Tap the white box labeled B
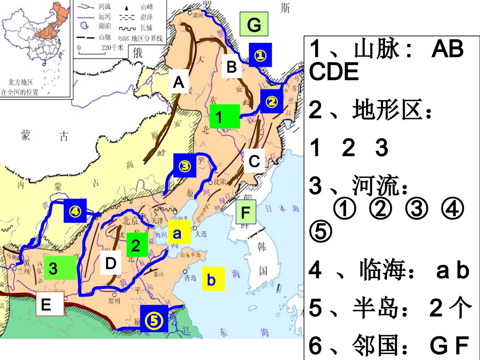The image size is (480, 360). [x=231, y=66]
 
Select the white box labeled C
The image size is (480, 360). [x=254, y=161]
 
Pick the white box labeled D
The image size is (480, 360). [x=111, y=263]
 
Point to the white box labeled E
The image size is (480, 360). [x=46, y=304]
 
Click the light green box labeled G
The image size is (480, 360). [x=254, y=25]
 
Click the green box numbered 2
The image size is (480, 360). [x=136, y=245]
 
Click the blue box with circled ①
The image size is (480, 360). [x=261, y=55]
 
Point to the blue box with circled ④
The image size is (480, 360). [x=75, y=211]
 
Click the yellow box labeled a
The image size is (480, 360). [x=177, y=233]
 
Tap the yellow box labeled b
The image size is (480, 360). [x=212, y=279]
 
